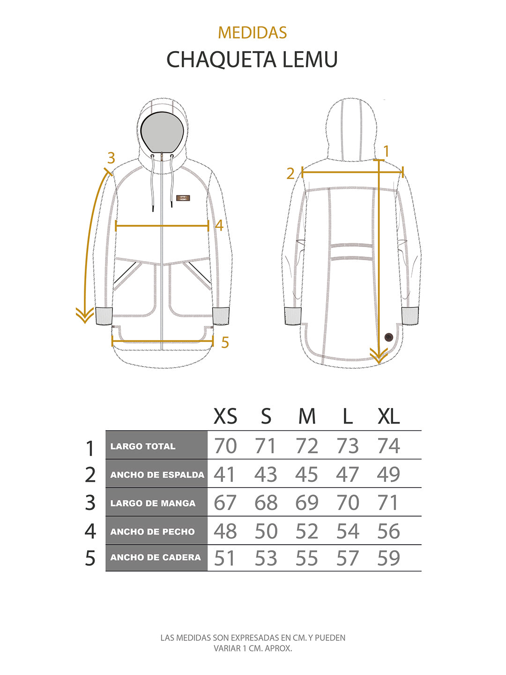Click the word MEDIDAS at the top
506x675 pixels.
tap(253, 33)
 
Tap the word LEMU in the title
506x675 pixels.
tap(310, 60)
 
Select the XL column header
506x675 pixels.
tap(389, 416)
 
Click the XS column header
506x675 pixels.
tap(225, 416)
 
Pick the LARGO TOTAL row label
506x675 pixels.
tap(143, 446)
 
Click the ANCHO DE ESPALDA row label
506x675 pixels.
tap(157, 475)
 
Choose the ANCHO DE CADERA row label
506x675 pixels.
tap(156, 557)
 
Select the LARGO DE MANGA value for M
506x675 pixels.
tap(306, 502)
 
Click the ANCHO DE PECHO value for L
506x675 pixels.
tap(348, 531)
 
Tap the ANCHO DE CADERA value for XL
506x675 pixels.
tap(389, 558)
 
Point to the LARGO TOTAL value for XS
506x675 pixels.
tap(225, 446)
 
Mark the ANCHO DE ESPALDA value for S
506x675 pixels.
tap(266, 474)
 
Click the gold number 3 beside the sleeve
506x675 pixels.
tap(111, 158)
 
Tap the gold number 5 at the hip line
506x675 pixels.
tap(225, 342)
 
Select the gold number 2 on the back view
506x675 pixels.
tap(290, 174)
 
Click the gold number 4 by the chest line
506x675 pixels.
tap(219, 225)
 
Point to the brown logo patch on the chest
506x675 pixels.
tap(183, 198)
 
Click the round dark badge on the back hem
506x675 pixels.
tap(389, 337)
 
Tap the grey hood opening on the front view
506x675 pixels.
tap(162, 132)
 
